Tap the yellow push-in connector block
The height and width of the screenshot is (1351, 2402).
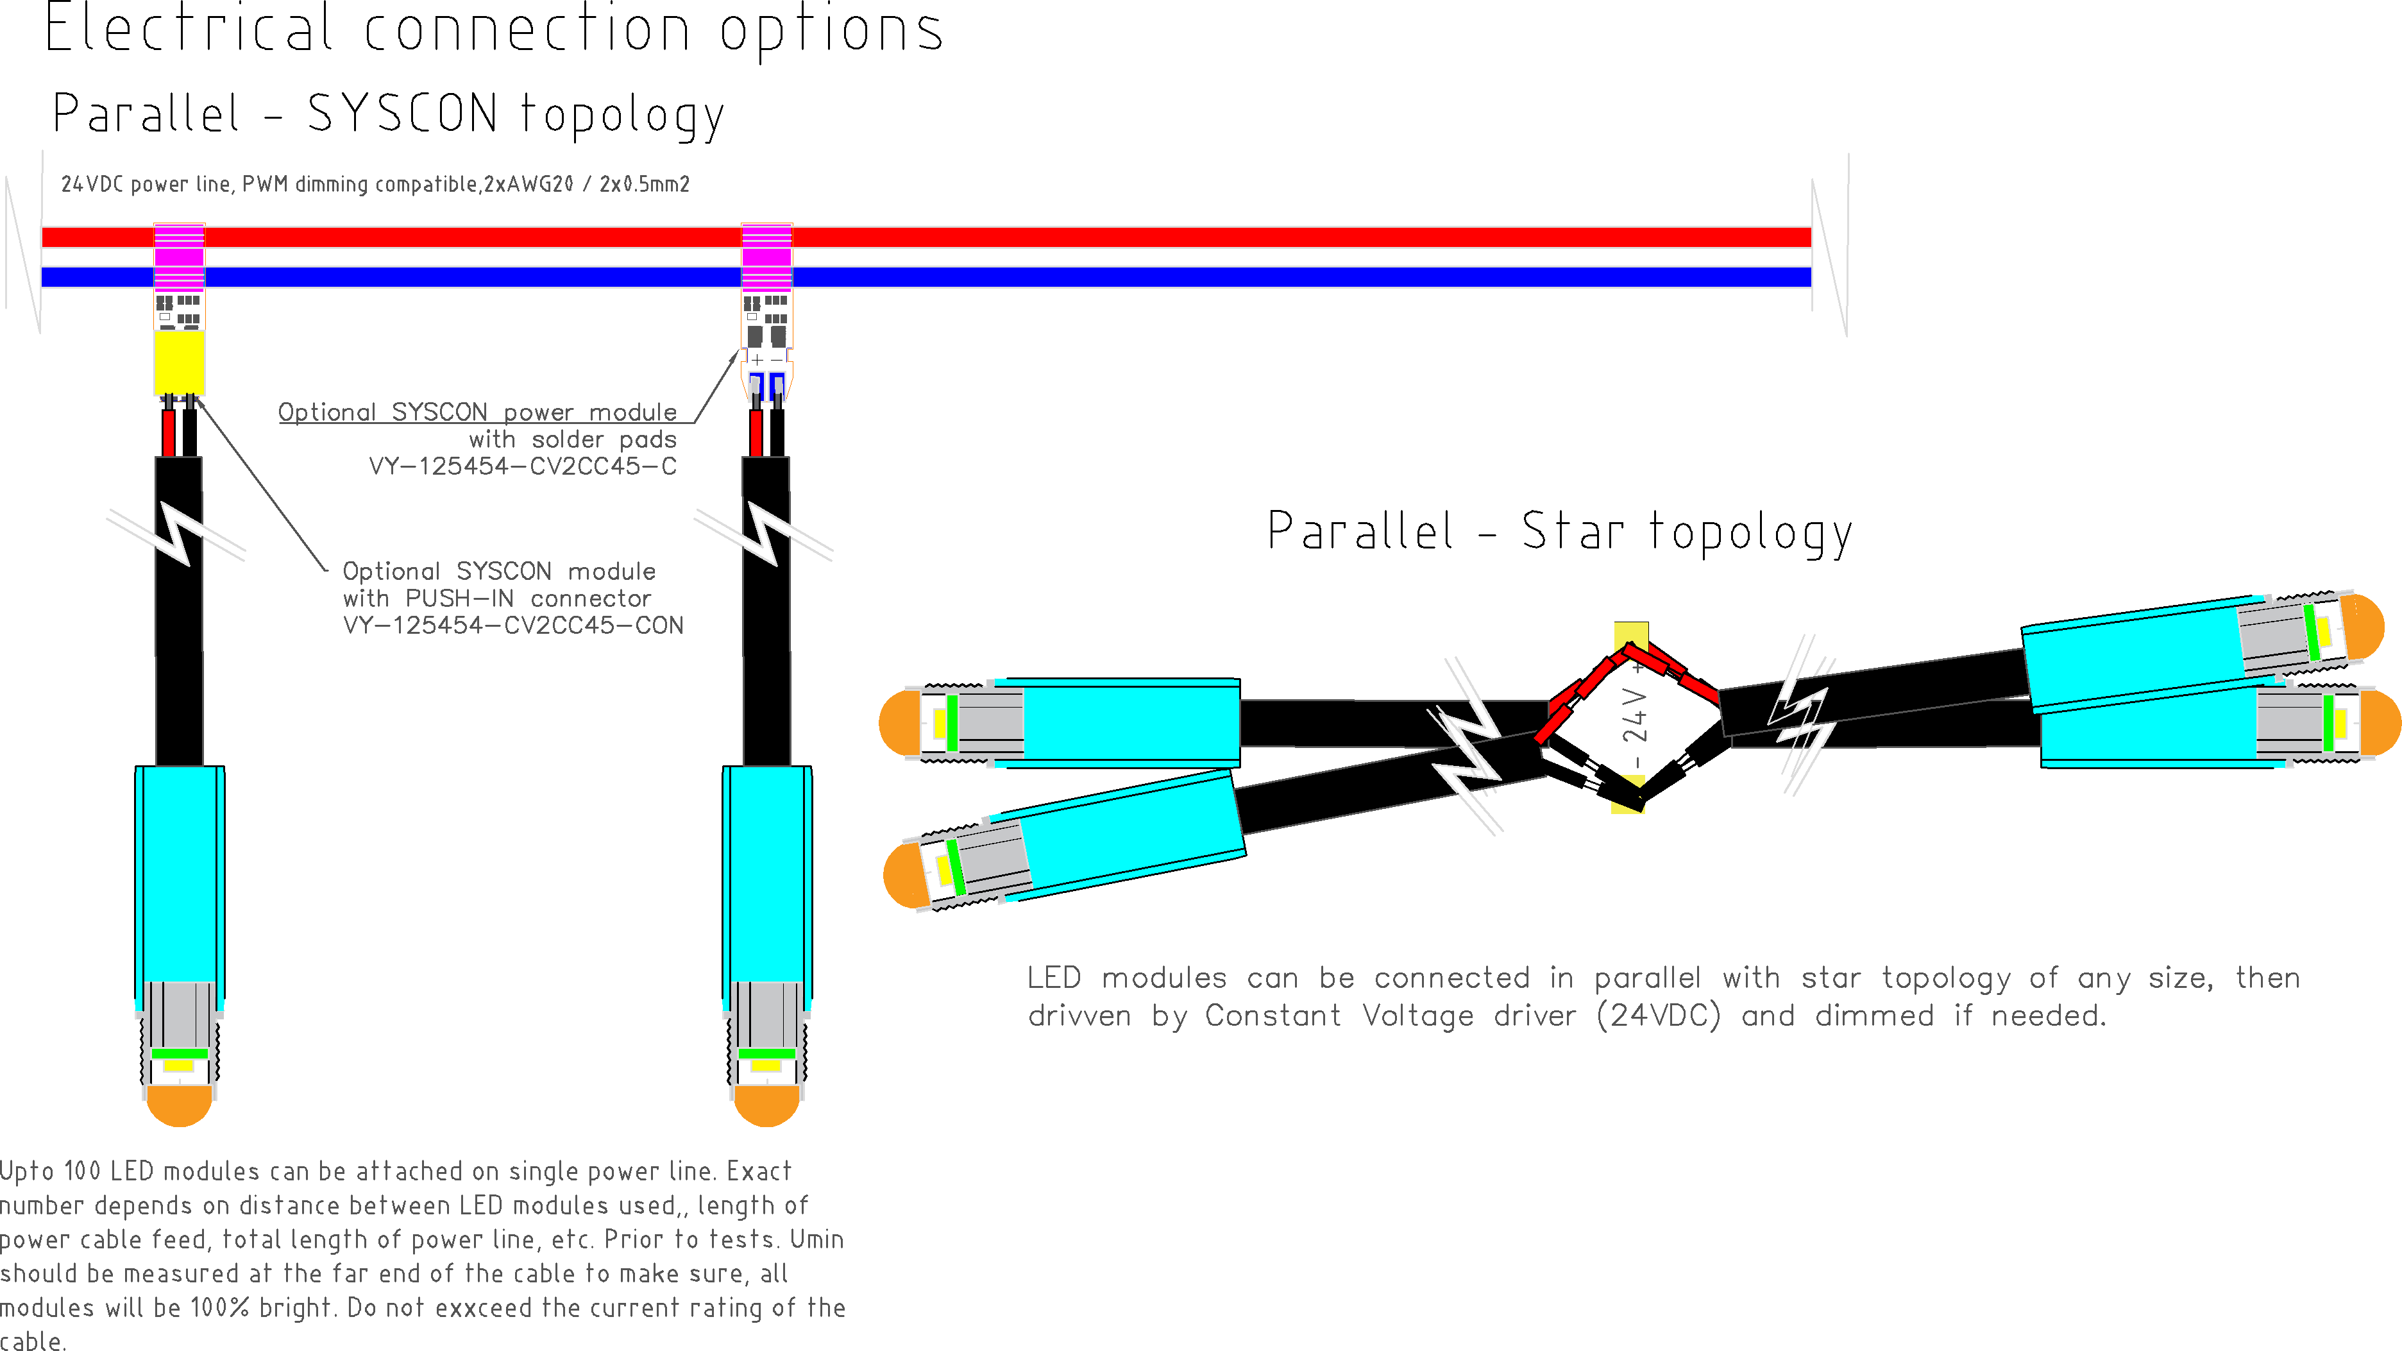pyautogui.click(x=179, y=362)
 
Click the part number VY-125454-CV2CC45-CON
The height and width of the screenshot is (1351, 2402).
pyautogui.click(x=513, y=625)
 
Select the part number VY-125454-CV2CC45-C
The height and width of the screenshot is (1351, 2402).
pyautogui.click(x=522, y=466)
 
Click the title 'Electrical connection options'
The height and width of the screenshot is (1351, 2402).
pyautogui.click(x=495, y=30)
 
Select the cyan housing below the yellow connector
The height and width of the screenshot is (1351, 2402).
pyautogui.click(x=179, y=872)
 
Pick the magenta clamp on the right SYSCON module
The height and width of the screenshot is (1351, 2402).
pyautogui.click(x=766, y=257)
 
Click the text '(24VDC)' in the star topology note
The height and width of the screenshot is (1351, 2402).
pyautogui.click(x=1658, y=1015)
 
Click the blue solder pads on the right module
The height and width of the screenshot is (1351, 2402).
pyautogui.click(x=766, y=384)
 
